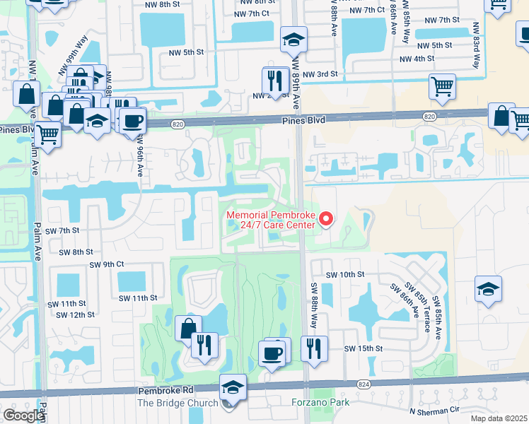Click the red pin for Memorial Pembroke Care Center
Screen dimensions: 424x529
click(x=326, y=219)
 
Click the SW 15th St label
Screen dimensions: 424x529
click(x=363, y=349)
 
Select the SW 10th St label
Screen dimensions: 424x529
click(x=344, y=274)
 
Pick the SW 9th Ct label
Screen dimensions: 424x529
click(x=107, y=264)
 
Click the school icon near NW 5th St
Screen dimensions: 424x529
click(x=293, y=41)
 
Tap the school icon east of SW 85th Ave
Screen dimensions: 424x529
click(x=489, y=289)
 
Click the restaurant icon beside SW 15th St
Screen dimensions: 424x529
click(x=314, y=349)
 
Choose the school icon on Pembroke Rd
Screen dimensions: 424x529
click(x=233, y=387)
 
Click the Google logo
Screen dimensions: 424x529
click(x=23, y=416)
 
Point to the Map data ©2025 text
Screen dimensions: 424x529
click(x=499, y=418)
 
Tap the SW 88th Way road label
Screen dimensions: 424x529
click(x=310, y=305)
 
